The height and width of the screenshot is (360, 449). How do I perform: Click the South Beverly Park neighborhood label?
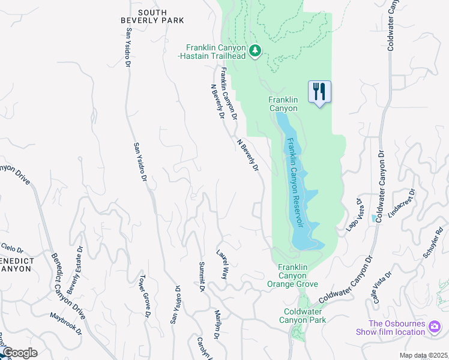[x=152, y=16]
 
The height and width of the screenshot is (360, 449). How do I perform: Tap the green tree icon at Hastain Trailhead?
[x=255, y=51]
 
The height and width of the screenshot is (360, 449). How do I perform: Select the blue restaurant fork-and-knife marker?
[x=319, y=92]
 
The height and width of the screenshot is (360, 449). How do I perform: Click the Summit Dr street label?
[x=202, y=277]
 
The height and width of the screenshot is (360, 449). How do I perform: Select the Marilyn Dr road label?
[x=217, y=325]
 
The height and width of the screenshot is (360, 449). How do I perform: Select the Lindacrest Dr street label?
[x=402, y=205]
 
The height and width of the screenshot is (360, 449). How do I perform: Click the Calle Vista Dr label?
[x=382, y=287]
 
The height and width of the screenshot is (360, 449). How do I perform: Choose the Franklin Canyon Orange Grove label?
[x=297, y=275]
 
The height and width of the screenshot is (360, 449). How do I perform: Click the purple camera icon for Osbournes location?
[x=434, y=328]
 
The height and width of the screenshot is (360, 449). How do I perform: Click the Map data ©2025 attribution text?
[x=423, y=355]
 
